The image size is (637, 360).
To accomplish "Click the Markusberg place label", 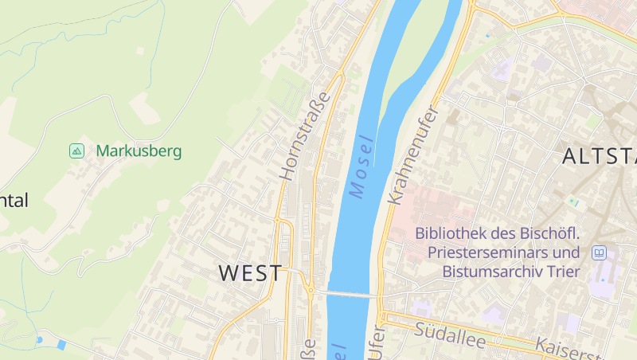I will (139, 151).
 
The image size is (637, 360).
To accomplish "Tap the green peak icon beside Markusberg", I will (76, 151).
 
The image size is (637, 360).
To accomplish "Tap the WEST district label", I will (250, 273).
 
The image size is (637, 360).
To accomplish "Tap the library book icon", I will (599, 253).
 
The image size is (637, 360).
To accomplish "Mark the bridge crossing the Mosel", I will (347, 295).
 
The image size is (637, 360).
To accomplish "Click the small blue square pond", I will (62, 344).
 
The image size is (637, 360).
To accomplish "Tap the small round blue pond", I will (39, 340).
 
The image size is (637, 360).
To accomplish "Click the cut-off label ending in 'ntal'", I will (14, 201).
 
